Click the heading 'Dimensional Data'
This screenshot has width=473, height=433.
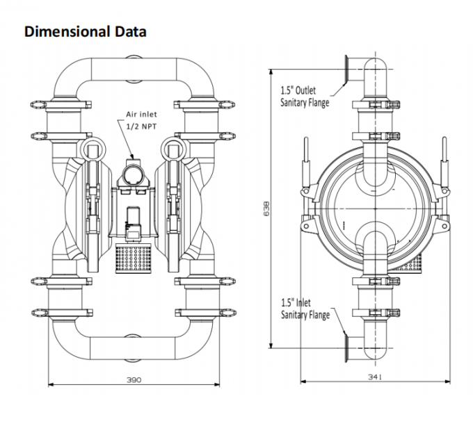click(86, 32)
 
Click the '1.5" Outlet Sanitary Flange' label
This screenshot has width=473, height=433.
click(305, 97)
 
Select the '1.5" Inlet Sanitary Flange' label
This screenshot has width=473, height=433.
click(305, 309)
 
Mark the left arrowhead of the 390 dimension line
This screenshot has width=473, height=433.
click(51, 384)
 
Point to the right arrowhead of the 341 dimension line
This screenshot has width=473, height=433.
click(451, 381)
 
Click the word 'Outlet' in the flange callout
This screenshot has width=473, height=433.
click(306, 90)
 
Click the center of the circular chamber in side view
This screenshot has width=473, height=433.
click(376, 208)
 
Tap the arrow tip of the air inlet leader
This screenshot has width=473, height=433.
click(133, 155)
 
